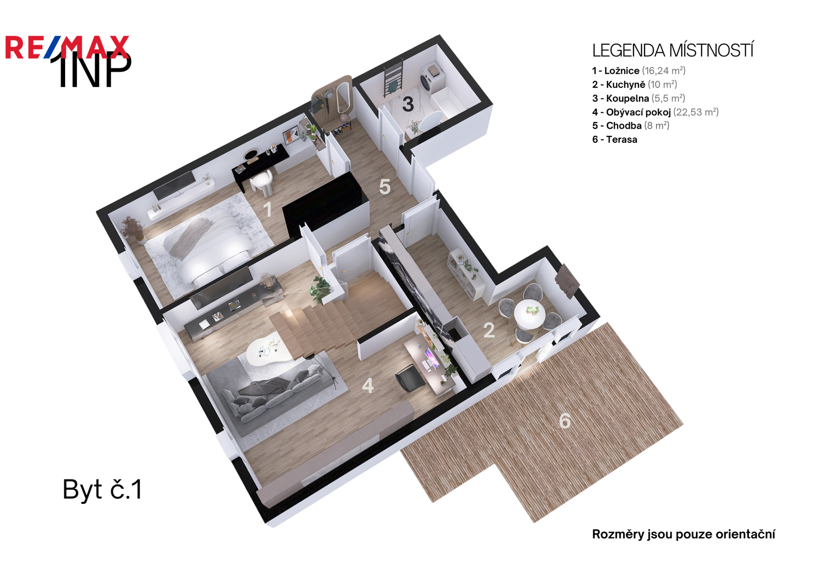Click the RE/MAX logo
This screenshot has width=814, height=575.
(67, 48)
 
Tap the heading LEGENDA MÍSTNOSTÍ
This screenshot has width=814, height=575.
(672, 50)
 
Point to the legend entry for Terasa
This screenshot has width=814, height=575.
(615, 139)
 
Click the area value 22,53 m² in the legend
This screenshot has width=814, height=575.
(695, 112)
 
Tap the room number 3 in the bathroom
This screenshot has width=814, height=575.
(408, 104)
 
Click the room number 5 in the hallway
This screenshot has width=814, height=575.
(385, 187)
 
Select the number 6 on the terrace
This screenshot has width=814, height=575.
(565, 421)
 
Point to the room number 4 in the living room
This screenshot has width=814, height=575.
(368, 386)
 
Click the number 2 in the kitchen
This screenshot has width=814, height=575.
(489, 330)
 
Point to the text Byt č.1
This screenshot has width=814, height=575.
(102, 489)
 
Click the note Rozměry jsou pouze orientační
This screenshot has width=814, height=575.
(683, 534)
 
